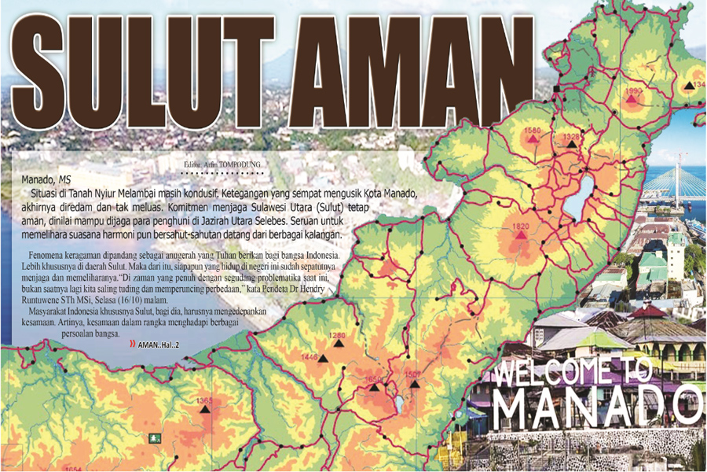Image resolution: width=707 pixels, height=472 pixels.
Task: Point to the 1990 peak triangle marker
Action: pyautogui.click(x=631, y=100)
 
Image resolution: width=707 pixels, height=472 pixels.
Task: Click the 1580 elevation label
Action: pyautogui.click(x=533, y=130)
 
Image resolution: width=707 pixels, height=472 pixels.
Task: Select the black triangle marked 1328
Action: pyautogui.click(x=572, y=146)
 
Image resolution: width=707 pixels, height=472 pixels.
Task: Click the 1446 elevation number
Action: pyautogui.click(x=310, y=358)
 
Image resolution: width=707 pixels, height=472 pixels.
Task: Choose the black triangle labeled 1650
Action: pyautogui.click(x=375, y=387)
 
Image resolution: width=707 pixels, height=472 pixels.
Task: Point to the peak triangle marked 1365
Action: pyautogui.click(x=205, y=409)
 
